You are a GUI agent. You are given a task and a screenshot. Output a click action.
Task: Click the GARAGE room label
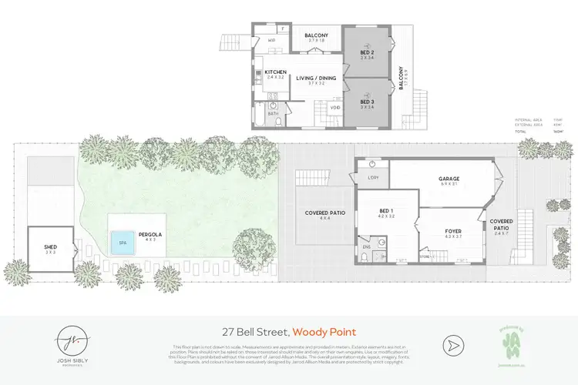click(449, 179)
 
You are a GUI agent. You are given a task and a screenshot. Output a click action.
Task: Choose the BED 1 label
click(386, 211)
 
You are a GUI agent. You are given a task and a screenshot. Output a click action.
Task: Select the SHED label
click(50, 247)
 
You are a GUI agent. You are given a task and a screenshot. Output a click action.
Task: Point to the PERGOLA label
click(150, 234)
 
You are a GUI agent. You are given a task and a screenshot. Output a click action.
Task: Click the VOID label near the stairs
click(335, 108)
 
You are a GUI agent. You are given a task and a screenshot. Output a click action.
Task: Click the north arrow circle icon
click(453, 344)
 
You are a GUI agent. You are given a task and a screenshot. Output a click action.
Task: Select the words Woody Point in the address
click(324, 333)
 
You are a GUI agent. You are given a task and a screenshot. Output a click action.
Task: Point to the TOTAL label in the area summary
click(521, 132)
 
